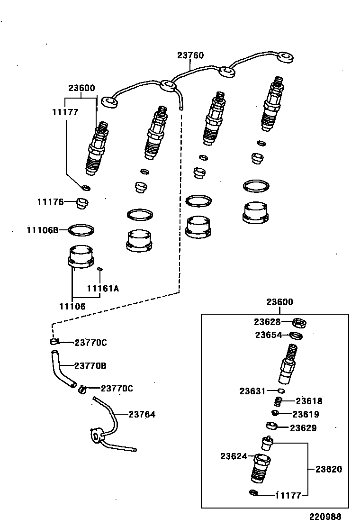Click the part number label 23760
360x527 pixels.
click(190, 55)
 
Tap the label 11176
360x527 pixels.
click(50, 202)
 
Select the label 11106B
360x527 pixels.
click(43, 230)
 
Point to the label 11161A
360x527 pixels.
click(103, 288)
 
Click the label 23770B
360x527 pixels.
click(90, 365)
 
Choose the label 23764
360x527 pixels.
click(142, 414)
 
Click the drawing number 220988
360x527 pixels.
click(325, 517)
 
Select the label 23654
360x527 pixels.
click(269, 335)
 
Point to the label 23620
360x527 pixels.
click(329, 469)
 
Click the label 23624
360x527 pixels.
click(234, 456)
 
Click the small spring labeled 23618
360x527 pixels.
click(279, 401)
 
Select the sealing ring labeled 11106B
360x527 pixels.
click(81, 230)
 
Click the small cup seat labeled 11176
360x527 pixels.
click(82, 204)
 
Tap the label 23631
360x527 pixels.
click(253, 391)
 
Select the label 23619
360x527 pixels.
click(306, 414)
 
